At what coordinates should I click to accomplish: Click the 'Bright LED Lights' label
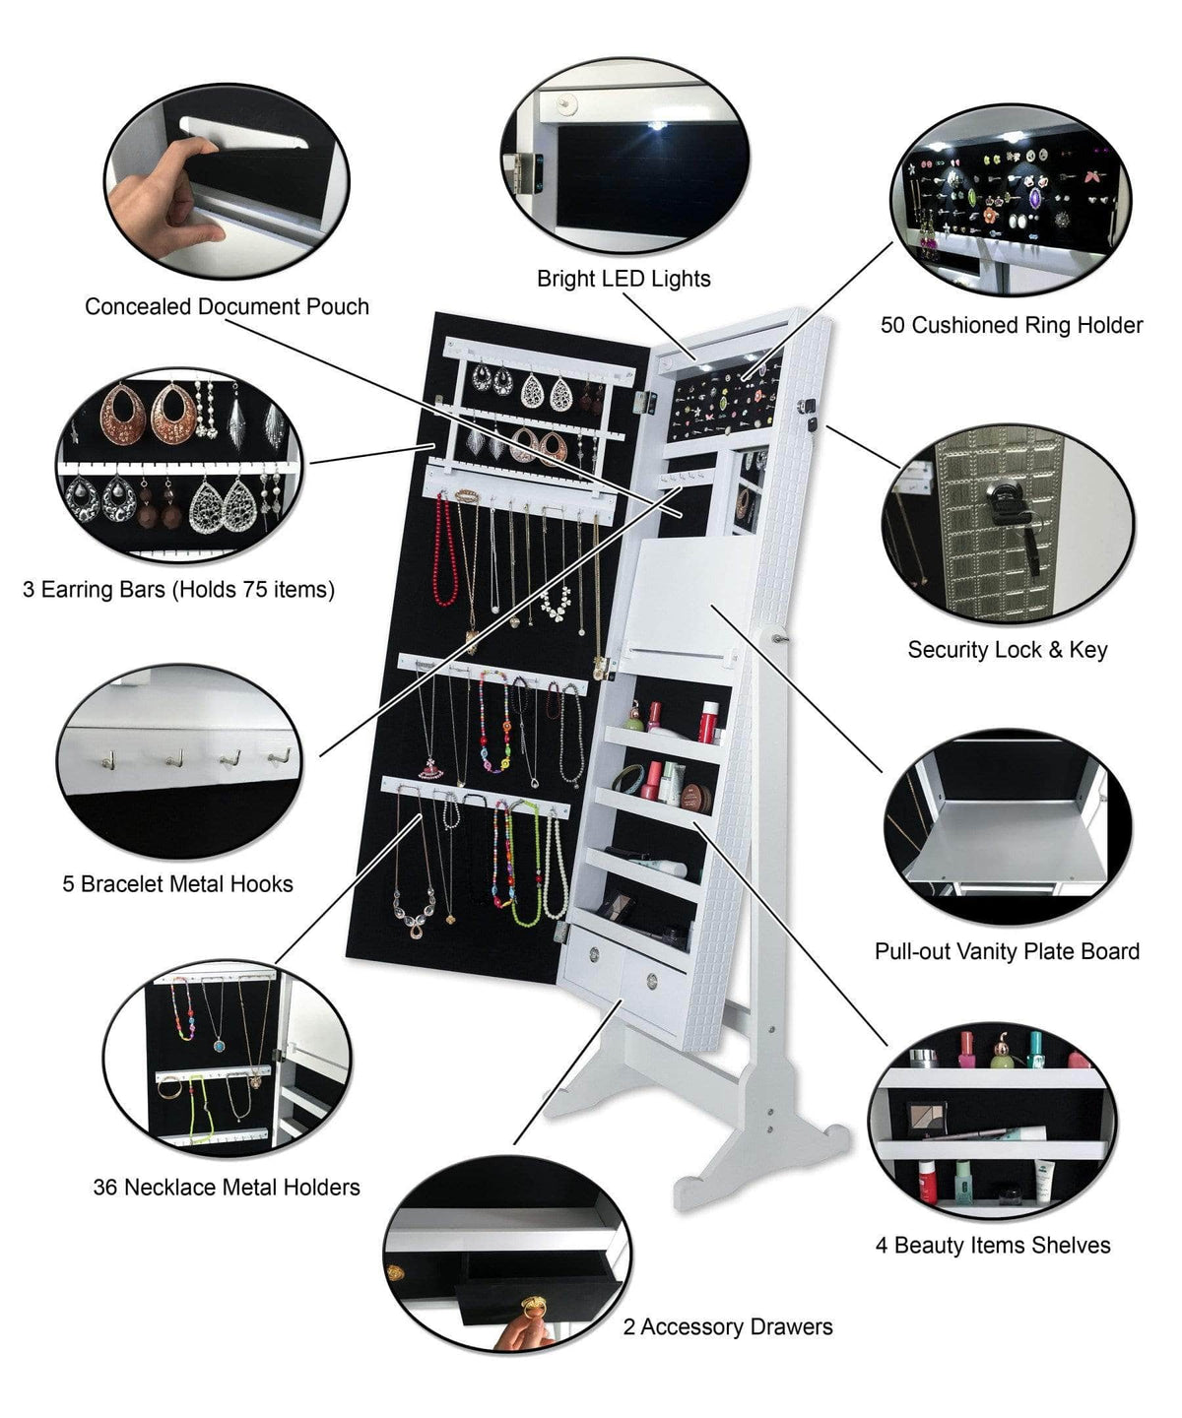(x=624, y=279)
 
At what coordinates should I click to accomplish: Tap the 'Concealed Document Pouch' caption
(x=227, y=306)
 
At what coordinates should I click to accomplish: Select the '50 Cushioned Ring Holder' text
(x=1012, y=325)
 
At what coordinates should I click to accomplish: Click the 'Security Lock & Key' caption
(x=1007, y=650)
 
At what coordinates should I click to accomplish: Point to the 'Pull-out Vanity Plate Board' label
(x=1007, y=951)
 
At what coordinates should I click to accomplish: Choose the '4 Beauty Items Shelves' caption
(x=993, y=1246)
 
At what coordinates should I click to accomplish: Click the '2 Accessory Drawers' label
(x=728, y=1327)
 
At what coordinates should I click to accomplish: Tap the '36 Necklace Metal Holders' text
(x=227, y=1188)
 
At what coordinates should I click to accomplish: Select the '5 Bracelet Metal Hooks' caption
(x=178, y=884)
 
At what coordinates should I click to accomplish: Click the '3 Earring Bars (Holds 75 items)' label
(x=178, y=590)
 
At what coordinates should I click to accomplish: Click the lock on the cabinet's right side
(x=814, y=414)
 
